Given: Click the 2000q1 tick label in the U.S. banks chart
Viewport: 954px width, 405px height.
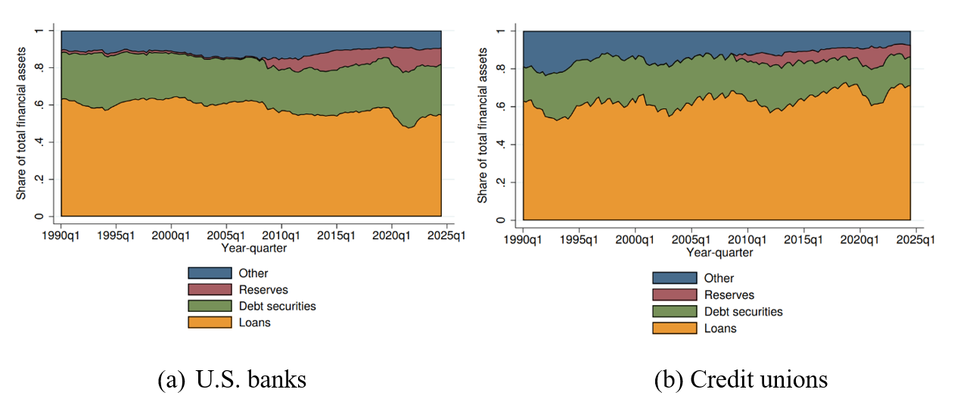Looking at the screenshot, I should pos(171,235).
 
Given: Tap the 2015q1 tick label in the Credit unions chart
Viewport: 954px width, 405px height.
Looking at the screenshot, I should pos(803,239).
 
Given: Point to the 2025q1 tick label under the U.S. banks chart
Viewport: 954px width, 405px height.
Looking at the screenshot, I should pos(446,235).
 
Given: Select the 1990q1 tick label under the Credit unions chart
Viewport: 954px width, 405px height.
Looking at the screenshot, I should pos(523,239).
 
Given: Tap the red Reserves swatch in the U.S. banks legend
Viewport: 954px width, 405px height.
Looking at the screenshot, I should pos(210,289).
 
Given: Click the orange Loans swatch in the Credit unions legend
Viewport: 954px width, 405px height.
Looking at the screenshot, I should pos(674,329).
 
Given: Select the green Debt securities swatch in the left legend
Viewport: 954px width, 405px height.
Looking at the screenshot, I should pos(210,306).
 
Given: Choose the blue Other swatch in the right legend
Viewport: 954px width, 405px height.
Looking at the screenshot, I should pos(674,278).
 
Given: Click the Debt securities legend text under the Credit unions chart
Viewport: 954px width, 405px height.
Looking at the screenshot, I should pos(743,312).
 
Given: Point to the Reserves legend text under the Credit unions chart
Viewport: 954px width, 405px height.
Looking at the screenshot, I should pos(729,295).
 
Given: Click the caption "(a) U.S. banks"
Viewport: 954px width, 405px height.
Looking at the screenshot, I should pos(232,379).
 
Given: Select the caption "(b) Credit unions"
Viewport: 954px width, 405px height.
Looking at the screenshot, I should pos(741,379).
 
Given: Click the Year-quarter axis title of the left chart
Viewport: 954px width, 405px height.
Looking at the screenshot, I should pos(253,248).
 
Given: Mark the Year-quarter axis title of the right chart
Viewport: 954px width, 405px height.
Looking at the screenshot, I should pos(719,252).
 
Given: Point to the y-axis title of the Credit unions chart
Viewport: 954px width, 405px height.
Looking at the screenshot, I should pos(483,126).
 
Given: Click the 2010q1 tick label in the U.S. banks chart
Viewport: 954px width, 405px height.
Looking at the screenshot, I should pos(281,235).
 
